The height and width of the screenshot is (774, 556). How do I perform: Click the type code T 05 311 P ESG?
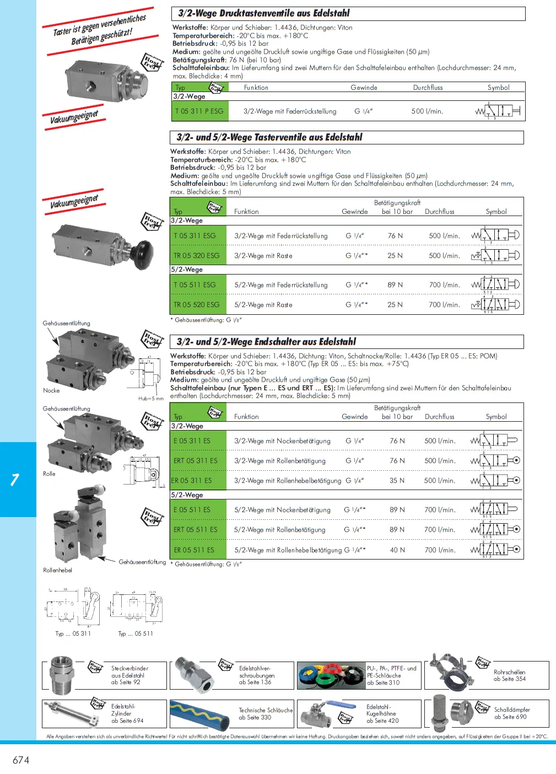[x=199, y=111]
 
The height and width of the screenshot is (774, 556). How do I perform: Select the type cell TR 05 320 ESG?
[x=197, y=256]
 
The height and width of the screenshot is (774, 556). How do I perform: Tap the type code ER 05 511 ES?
[x=194, y=550]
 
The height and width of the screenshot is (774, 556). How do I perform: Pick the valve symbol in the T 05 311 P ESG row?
[x=498, y=111]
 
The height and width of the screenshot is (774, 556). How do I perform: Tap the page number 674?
[x=21, y=760]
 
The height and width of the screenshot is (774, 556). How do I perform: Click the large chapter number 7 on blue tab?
[x=15, y=480]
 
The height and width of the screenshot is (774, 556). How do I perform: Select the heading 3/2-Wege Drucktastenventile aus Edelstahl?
[x=264, y=13]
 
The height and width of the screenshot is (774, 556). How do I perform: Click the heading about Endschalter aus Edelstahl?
[x=266, y=342]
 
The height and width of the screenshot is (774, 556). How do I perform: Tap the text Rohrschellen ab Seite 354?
[x=509, y=675]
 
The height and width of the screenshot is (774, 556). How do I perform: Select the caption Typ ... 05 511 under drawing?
[x=136, y=634]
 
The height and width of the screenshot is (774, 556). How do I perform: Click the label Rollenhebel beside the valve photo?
[x=57, y=571]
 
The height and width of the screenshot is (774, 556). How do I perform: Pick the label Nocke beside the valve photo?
[x=51, y=391]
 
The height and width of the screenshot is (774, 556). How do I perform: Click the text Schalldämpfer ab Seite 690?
[x=511, y=713]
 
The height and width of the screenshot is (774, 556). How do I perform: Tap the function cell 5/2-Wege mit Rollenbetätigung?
[x=279, y=530]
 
